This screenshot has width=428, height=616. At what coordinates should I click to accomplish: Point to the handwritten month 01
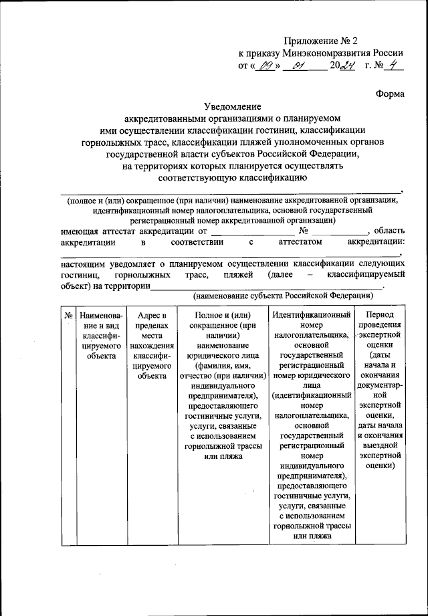(299, 66)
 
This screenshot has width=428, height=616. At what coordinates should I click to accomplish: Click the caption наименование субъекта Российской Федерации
(282, 296)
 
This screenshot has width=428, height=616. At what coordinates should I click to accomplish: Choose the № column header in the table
(68, 314)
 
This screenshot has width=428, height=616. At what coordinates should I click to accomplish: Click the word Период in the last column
(379, 314)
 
